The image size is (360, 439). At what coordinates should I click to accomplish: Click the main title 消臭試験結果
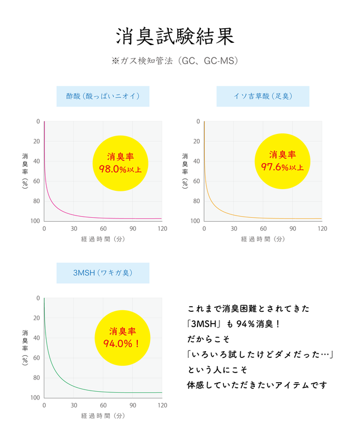(174, 35)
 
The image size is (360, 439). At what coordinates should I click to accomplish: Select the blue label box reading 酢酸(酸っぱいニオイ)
(102, 96)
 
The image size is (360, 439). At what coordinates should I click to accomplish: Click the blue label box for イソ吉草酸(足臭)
(263, 96)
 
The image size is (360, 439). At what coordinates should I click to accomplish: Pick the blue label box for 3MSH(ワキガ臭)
(102, 273)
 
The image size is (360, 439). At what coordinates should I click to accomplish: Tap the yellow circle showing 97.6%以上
(282, 162)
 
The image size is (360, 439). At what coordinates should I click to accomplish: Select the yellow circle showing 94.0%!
(121, 338)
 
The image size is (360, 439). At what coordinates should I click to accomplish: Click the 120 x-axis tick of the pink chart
(161, 229)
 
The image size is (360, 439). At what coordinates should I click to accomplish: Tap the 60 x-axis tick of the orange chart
(263, 229)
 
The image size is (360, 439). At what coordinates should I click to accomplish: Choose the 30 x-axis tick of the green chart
(74, 405)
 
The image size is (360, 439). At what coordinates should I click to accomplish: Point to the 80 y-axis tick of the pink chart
(38, 201)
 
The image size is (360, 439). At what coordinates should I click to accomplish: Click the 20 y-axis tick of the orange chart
(198, 141)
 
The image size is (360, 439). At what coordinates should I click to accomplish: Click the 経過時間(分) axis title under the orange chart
(263, 239)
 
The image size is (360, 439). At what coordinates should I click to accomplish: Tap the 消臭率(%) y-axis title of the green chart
(25, 348)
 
